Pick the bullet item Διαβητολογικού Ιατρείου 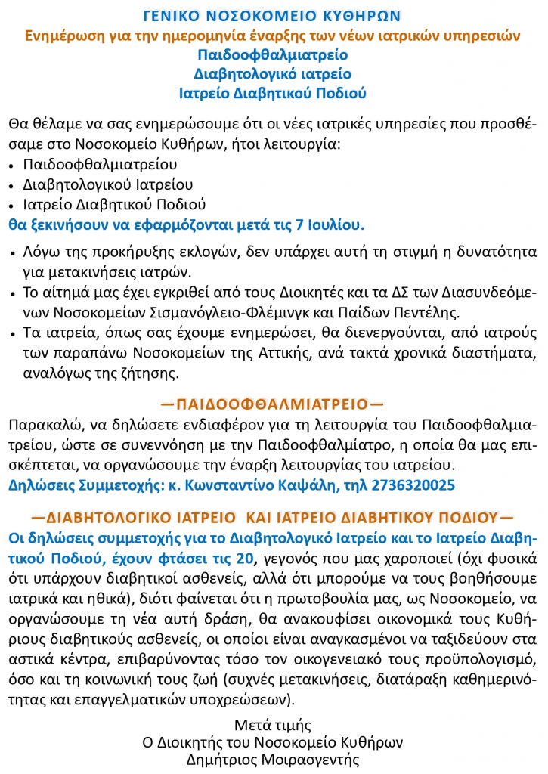[x=98, y=184]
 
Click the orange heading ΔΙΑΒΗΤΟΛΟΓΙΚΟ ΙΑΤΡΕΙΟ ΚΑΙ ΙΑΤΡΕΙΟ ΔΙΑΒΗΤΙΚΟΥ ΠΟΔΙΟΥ [x=272, y=518]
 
